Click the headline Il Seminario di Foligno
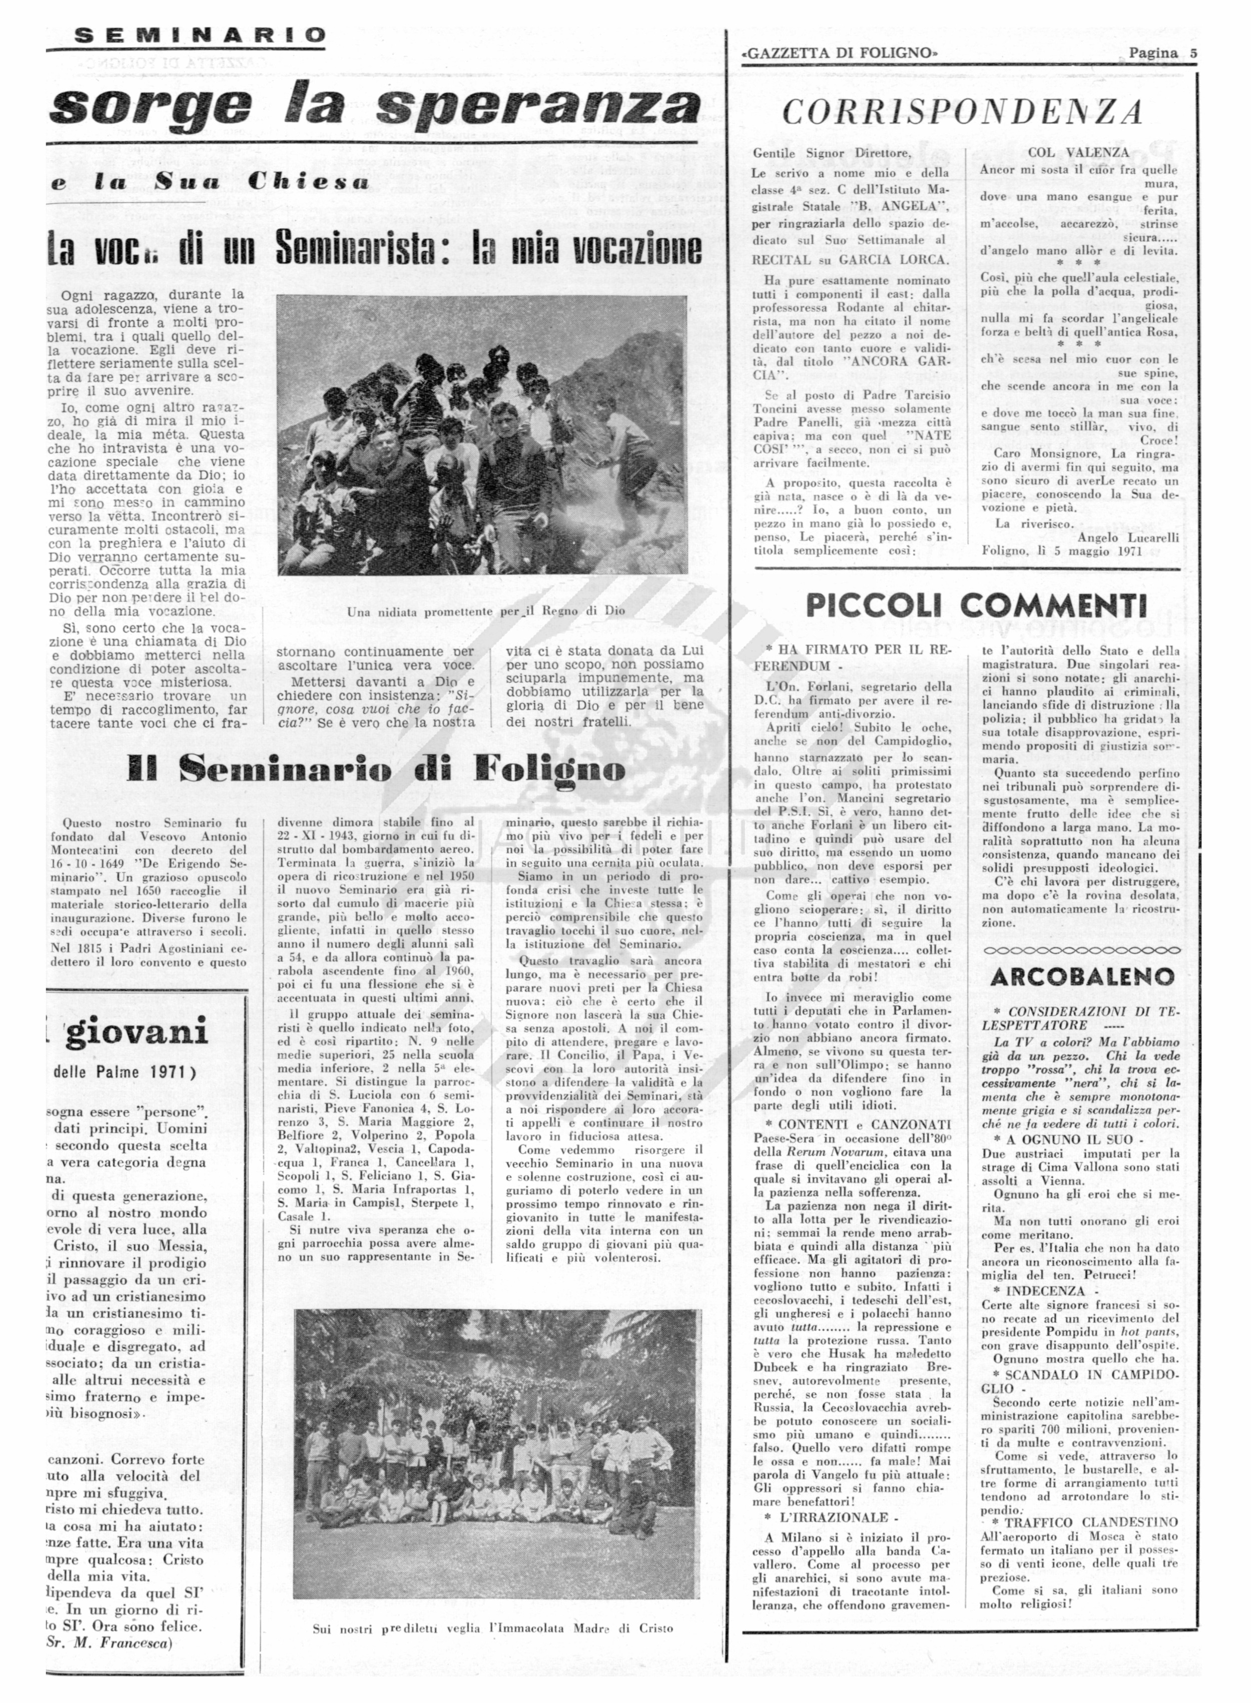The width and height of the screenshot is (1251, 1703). click(x=376, y=771)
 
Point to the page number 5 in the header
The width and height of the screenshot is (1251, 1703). click(x=1192, y=53)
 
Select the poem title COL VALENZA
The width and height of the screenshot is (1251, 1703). click(x=1078, y=152)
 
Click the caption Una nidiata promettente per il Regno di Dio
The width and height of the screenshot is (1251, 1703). click(x=485, y=611)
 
